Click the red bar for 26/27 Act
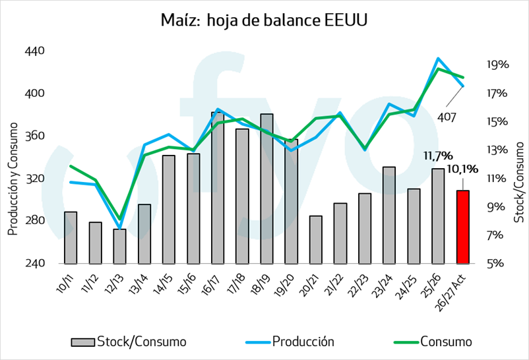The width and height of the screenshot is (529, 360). [x=463, y=227]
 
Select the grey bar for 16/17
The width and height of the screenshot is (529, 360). [x=218, y=188]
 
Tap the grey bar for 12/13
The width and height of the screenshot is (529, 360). [x=120, y=247]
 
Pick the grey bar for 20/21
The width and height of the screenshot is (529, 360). [x=316, y=239]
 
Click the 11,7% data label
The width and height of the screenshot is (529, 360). [x=438, y=156]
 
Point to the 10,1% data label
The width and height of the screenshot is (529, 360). [x=462, y=169]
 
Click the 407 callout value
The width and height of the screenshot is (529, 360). [x=447, y=117]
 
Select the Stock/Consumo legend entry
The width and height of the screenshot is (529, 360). [x=129, y=342]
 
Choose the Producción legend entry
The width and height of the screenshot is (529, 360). [x=290, y=342]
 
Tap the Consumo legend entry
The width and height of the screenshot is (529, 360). [x=433, y=342]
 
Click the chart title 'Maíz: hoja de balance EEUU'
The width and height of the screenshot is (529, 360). [x=264, y=20]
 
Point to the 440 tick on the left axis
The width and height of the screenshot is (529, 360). [x=35, y=51]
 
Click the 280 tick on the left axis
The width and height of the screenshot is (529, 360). [x=35, y=221]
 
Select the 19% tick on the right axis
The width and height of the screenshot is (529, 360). [x=497, y=65]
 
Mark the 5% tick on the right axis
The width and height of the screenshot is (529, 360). [x=495, y=263]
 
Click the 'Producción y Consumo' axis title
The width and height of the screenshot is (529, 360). [x=13, y=179]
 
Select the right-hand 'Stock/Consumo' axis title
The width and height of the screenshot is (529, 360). [x=519, y=182]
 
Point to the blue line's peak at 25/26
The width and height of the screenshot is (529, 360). [x=438, y=59]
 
